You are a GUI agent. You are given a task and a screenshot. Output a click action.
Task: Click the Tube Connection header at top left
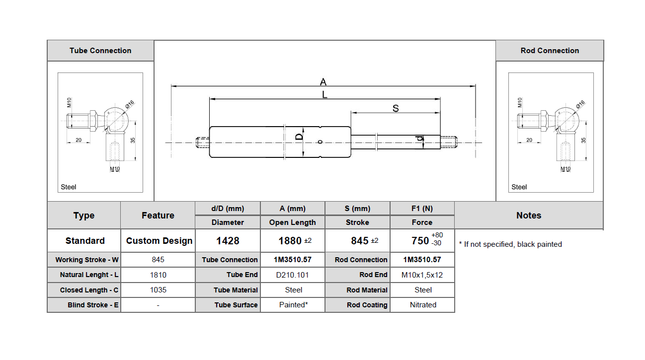point(100,51)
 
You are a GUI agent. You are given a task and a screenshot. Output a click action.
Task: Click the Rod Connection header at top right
point(550,51)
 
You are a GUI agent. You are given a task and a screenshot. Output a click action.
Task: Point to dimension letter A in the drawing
point(323,82)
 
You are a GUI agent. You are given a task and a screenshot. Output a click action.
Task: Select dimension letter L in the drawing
point(324,94)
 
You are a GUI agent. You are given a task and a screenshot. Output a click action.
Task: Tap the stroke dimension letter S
point(396,108)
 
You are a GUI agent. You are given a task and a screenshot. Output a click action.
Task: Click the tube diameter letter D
point(299,137)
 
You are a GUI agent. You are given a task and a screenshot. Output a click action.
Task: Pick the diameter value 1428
point(228,241)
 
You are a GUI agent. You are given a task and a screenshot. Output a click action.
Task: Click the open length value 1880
point(290,241)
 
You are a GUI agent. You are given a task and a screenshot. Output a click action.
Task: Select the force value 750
point(420,241)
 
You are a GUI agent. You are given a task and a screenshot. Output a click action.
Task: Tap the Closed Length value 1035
point(158,290)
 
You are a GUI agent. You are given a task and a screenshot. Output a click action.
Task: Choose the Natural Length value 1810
point(158,275)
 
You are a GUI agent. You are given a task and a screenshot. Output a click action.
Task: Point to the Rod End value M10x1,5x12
point(422,275)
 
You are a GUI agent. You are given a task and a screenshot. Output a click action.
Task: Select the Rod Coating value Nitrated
point(423,305)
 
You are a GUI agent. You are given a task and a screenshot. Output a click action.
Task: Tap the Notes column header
point(529,216)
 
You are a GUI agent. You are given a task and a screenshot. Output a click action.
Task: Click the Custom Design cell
point(159,241)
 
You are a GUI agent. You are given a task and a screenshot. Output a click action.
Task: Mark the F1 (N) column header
point(422,209)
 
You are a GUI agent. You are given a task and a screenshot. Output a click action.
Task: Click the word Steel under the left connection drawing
point(69,187)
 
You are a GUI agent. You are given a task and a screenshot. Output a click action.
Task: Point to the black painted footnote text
point(512,244)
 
